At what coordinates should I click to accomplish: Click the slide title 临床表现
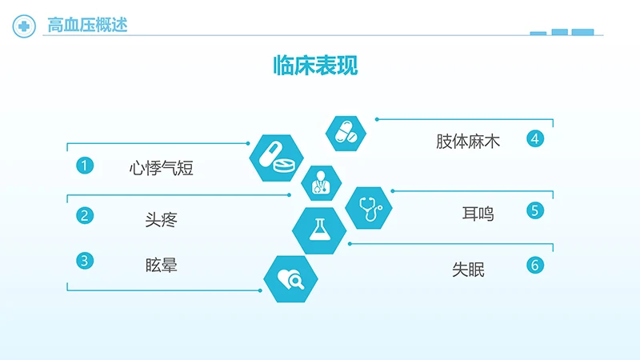click(x=315, y=66)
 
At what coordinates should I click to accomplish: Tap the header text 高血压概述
click(x=87, y=25)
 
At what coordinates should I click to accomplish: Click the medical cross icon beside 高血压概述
click(x=24, y=26)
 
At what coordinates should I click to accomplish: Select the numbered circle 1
click(x=85, y=166)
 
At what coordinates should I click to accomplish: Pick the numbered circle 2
click(x=85, y=215)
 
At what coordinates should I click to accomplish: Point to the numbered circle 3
click(x=85, y=261)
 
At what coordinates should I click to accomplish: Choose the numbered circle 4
click(x=535, y=138)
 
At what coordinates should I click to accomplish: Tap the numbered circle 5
click(x=535, y=210)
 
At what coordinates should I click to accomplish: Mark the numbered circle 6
click(x=535, y=266)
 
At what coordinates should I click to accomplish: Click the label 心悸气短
click(x=162, y=168)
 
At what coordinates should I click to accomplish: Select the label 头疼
click(x=162, y=219)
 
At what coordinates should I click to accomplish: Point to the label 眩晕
click(x=162, y=266)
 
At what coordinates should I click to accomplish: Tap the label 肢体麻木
click(x=468, y=142)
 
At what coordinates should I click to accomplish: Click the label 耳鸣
click(x=478, y=214)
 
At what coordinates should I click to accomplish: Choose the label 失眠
click(x=468, y=270)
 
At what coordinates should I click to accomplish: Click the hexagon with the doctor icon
click(x=322, y=183)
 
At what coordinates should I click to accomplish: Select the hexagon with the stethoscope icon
click(x=369, y=208)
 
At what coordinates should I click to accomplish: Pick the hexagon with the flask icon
click(x=319, y=230)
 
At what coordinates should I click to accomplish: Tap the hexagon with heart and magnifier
click(x=290, y=279)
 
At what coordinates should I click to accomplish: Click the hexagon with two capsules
click(x=346, y=134)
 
